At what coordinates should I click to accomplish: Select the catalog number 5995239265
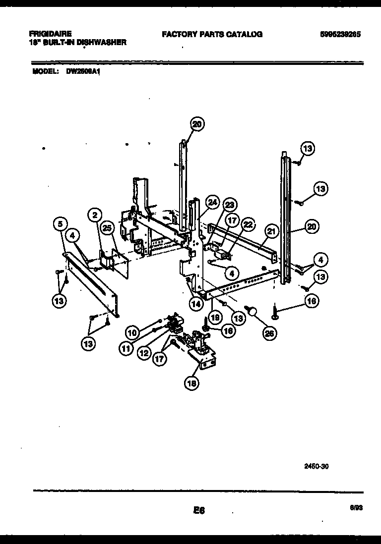click(340, 35)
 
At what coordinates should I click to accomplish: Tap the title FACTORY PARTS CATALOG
click(212, 35)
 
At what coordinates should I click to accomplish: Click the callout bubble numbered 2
click(94, 215)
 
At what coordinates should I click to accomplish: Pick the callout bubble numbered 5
click(60, 225)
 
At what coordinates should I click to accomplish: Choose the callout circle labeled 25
click(107, 228)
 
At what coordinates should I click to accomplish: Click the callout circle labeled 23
click(229, 205)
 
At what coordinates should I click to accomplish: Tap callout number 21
click(271, 230)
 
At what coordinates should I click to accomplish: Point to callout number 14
click(196, 304)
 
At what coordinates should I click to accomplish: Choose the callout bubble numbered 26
click(269, 333)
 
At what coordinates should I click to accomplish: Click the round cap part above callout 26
click(253, 311)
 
